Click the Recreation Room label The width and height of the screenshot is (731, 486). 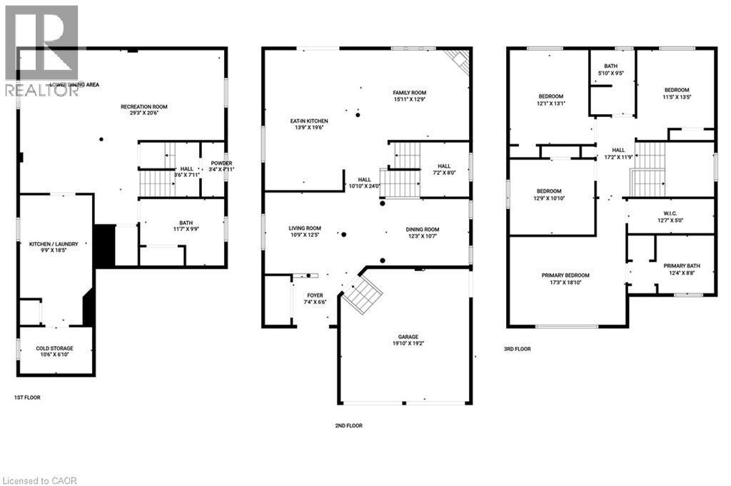click(143, 107)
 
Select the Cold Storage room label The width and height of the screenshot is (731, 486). click(54, 348)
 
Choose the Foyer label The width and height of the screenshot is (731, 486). click(315, 295)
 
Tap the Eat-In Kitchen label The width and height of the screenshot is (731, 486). click(309, 121)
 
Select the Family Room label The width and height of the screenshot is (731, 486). click(409, 93)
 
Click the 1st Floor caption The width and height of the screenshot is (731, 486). click(28, 397)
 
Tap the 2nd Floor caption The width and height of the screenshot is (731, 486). click(349, 425)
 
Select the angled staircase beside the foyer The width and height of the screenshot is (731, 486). click(362, 295)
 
